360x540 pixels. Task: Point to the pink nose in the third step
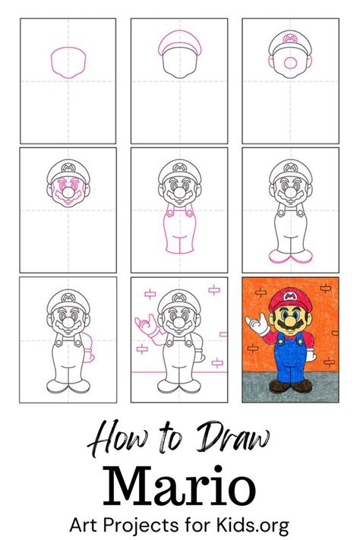(x=291, y=61)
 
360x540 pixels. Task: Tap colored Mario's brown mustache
(x=292, y=325)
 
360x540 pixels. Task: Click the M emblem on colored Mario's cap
(x=291, y=292)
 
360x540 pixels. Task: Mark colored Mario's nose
(x=292, y=317)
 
